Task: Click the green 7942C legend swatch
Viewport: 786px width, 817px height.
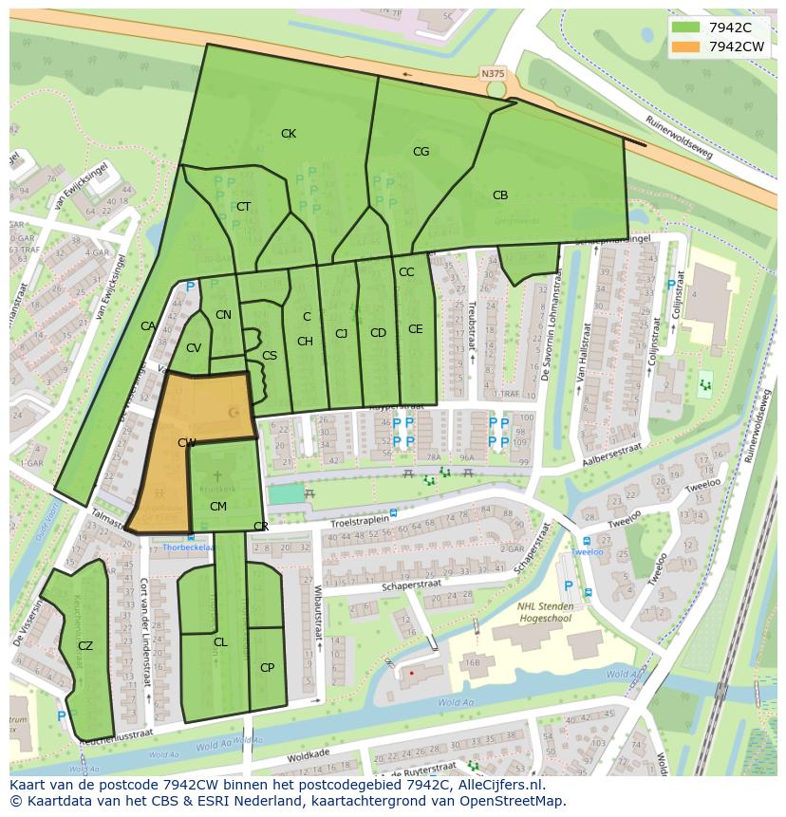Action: pyautogui.click(x=685, y=28)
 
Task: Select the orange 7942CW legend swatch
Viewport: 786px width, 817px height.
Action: pyautogui.click(x=685, y=46)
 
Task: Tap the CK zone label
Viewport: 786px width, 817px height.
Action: pyautogui.click(x=289, y=134)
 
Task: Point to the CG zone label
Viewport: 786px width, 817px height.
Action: pyautogui.click(x=421, y=152)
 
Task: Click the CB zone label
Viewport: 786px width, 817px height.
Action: pyautogui.click(x=500, y=195)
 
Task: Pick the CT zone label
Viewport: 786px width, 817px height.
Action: pyautogui.click(x=244, y=207)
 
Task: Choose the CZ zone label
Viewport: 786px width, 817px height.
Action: pyautogui.click(x=85, y=646)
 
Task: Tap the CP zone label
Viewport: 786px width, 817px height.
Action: pyautogui.click(x=267, y=668)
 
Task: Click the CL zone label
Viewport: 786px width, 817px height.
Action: pyautogui.click(x=220, y=642)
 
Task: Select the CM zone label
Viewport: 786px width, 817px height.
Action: pyautogui.click(x=217, y=507)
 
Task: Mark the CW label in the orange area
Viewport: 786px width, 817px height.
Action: pyautogui.click(x=187, y=443)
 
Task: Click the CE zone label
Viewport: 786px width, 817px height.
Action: pyautogui.click(x=415, y=329)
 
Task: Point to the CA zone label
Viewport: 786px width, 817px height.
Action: pyautogui.click(x=148, y=326)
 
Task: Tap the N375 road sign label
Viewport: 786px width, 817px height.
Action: pyautogui.click(x=493, y=73)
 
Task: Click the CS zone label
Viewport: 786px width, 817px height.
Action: pyautogui.click(x=270, y=356)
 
